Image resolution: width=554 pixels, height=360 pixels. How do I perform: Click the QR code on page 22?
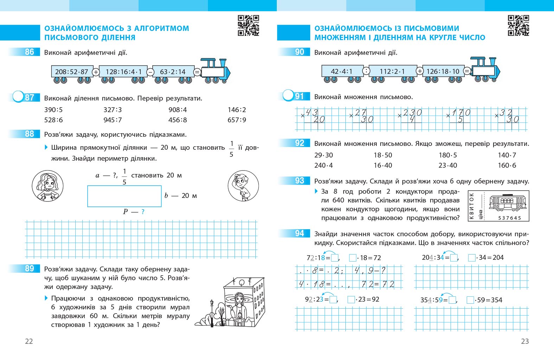point(248,25)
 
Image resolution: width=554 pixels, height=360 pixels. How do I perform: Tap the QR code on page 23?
point(518,25)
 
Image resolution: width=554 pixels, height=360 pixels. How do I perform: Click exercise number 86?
point(30,52)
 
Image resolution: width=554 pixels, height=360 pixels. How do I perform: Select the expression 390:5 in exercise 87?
point(53,110)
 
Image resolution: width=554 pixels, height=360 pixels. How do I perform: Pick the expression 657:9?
point(237,120)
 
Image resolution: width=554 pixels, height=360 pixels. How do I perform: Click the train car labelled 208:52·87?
point(72,72)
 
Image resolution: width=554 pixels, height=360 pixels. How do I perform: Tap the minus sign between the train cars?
point(150,72)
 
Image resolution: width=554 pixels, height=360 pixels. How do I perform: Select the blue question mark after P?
point(143,212)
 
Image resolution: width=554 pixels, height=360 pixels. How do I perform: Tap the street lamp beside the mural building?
point(212,309)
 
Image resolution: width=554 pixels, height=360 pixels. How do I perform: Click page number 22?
point(29,341)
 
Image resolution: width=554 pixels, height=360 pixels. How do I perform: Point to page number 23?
point(525,341)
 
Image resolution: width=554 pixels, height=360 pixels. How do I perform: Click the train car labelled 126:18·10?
point(443,71)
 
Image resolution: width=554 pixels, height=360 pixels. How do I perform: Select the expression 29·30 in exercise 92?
point(324,155)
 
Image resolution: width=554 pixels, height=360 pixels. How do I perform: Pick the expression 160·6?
point(507,165)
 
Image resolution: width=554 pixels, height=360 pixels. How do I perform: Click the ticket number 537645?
point(510,218)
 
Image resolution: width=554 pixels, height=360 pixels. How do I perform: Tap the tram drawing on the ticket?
point(507,202)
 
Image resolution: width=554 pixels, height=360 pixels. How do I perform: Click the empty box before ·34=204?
point(472,258)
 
